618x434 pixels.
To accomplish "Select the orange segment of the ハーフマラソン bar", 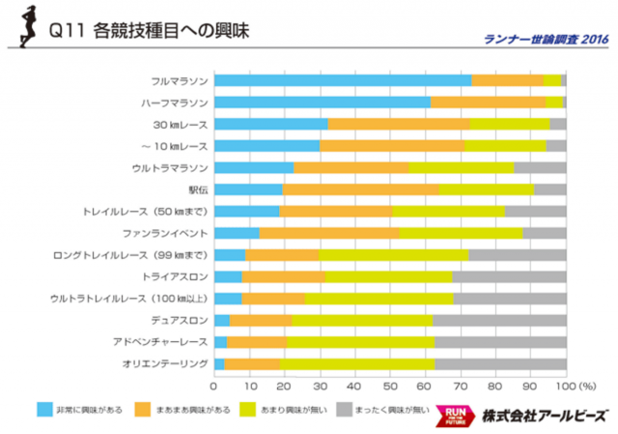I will click(x=488, y=101).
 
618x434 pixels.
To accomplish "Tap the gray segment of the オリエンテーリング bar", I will click(x=500, y=363).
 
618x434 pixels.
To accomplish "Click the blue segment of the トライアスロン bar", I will click(x=228, y=276).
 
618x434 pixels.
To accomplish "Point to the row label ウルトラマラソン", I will click(x=170, y=167).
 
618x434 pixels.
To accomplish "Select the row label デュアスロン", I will click(x=179, y=320).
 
